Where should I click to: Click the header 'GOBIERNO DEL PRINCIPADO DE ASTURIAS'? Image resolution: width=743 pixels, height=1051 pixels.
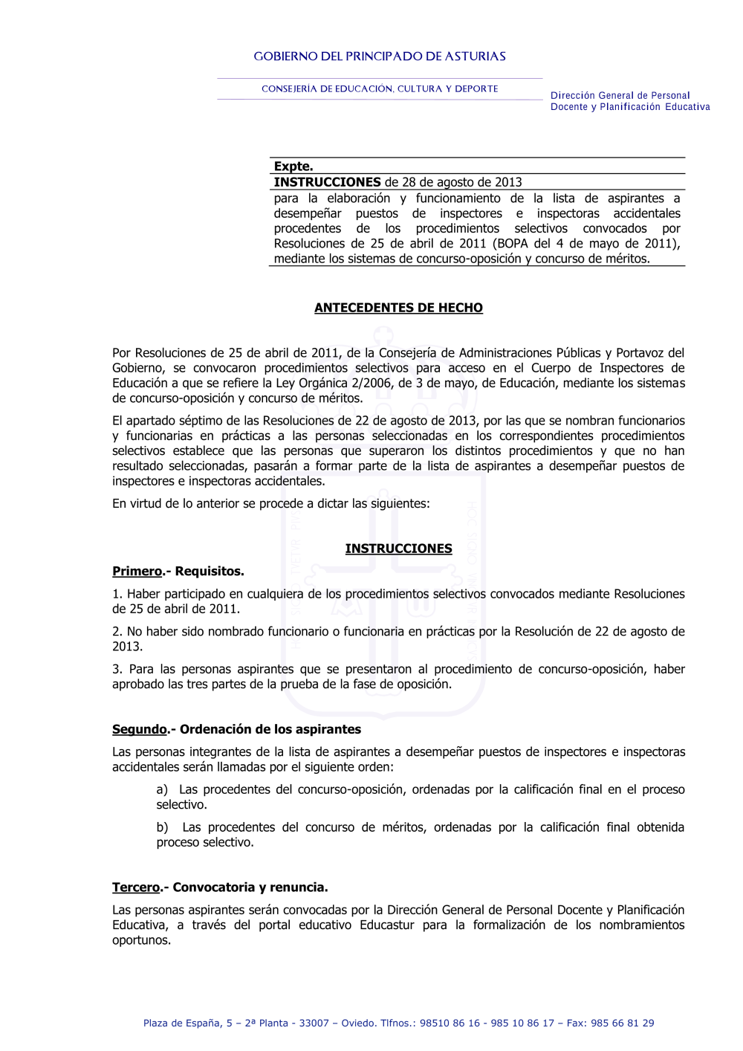pos(380,56)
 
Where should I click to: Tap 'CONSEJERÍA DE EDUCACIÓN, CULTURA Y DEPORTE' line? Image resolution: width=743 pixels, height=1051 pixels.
pos(380,89)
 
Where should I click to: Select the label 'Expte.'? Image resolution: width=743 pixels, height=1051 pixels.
pos(293,166)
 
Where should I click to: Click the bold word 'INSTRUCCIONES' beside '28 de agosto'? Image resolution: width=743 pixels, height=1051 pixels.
pos(327,182)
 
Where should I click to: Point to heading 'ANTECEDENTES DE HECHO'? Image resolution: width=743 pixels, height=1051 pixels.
pos(398,308)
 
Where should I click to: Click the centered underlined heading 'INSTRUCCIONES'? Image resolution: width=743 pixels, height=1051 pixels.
pos(398,549)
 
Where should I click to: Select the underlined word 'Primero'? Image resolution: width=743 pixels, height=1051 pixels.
pos(137,572)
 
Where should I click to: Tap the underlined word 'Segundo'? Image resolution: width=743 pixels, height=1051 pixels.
pos(140,729)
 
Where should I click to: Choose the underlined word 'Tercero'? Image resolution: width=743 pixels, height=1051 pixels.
pos(136,887)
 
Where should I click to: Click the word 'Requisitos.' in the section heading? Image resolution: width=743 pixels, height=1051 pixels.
pos(210,572)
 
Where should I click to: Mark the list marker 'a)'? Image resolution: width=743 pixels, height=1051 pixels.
pos(162,789)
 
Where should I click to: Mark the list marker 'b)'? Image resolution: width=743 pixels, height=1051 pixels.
pos(162,827)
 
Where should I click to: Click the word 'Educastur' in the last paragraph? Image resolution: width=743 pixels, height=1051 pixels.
pos(387,925)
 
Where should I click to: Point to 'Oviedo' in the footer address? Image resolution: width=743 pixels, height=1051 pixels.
pos(356,1023)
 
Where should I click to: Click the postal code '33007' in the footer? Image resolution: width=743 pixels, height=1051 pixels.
pos(314,1023)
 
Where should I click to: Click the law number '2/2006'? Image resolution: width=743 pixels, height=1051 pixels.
pos(371,384)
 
